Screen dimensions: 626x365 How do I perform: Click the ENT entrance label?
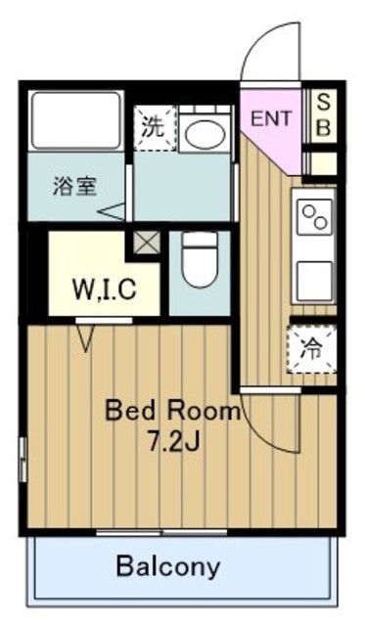[271, 119]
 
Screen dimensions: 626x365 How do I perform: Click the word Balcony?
[168, 565]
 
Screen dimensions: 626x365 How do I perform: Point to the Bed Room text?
[172, 411]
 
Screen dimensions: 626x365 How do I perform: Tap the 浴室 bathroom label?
[74, 185]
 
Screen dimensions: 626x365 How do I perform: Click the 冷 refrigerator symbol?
[311, 346]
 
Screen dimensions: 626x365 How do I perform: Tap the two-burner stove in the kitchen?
[315, 215]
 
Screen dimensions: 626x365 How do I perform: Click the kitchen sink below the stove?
[315, 277]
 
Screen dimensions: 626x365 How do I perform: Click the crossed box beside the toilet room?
[147, 243]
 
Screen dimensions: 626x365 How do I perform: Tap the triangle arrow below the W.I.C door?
[85, 337]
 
